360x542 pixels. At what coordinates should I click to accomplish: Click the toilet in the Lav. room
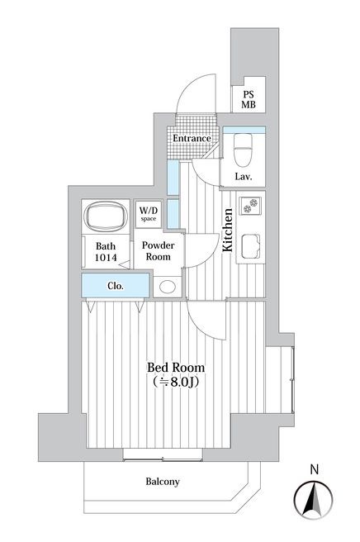coord(244,150)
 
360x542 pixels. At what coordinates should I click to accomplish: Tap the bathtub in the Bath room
coord(106,216)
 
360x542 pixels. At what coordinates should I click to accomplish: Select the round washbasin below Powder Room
coord(168,287)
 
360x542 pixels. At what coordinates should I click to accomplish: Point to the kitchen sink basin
coord(251,246)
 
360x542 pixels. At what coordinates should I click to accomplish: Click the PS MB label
coord(249,99)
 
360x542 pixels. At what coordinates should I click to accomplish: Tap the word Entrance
coord(192,138)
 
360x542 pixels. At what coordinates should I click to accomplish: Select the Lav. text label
coord(244,177)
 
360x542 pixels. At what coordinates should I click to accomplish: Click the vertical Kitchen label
coord(227,230)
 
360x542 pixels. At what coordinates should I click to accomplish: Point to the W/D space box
coord(149,214)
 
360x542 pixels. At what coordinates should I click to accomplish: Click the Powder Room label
coord(159,251)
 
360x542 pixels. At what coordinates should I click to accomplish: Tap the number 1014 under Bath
coord(106,258)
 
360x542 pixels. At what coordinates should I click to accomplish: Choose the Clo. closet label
coord(116,286)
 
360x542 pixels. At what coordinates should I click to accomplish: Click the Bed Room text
coord(176,367)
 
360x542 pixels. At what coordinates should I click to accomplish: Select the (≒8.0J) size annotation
coord(176,382)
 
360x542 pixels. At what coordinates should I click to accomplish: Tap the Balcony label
coord(163,482)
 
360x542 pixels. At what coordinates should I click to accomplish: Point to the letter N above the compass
coord(315,469)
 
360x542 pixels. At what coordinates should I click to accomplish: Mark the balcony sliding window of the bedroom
coord(163,455)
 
